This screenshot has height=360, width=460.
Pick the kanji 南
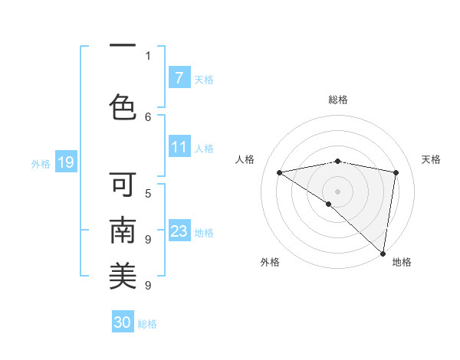click(x=123, y=231)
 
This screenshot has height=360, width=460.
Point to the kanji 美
click(x=123, y=276)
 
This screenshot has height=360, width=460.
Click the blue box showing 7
click(x=179, y=78)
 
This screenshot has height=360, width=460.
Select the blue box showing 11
click(x=179, y=147)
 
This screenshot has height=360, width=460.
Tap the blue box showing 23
click(x=179, y=231)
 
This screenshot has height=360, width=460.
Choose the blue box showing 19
click(x=65, y=162)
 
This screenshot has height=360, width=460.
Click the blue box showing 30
click(x=123, y=322)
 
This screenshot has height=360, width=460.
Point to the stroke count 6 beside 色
click(x=148, y=116)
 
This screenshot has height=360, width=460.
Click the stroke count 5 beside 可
click(x=148, y=193)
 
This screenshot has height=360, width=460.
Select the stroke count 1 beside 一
click(x=148, y=55)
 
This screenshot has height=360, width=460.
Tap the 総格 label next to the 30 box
click(x=147, y=324)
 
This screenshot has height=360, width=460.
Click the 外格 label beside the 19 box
click(x=40, y=163)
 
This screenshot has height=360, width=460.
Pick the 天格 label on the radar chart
click(x=431, y=159)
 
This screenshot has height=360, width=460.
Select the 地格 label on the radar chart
click(x=402, y=262)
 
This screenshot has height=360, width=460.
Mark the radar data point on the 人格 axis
click(x=279, y=172)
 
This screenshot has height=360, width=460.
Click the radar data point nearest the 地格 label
click(x=383, y=253)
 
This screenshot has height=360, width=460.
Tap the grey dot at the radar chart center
click(x=337, y=191)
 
